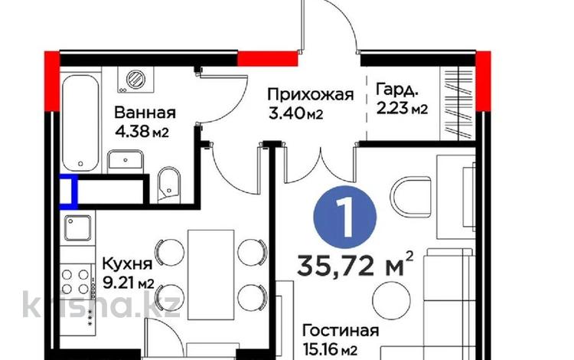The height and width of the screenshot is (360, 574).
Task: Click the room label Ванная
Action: pyautogui.click(x=145, y=112)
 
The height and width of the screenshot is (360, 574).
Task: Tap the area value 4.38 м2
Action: pyautogui.click(x=142, y=131)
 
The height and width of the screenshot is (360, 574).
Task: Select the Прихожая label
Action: pyautogui.click(x=310, y=95)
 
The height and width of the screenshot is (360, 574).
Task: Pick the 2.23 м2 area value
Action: pyautogui.click(x=401, y=110)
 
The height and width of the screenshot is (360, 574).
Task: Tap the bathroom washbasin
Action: pyautogui.click(x=125, y=160)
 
